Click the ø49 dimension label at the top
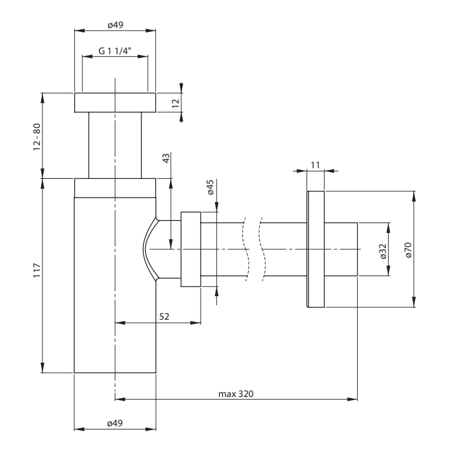click(115, 25)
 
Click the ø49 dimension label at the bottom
click(115, 423)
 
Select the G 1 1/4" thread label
click(115, 51)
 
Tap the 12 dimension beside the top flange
click(176, 103)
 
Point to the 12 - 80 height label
click(37, 136)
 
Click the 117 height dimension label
click(37, 270)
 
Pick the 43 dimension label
click(166, 158)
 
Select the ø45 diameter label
click(211, 187)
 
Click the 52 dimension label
click(164, 317)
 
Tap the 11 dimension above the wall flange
click(315, 165)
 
